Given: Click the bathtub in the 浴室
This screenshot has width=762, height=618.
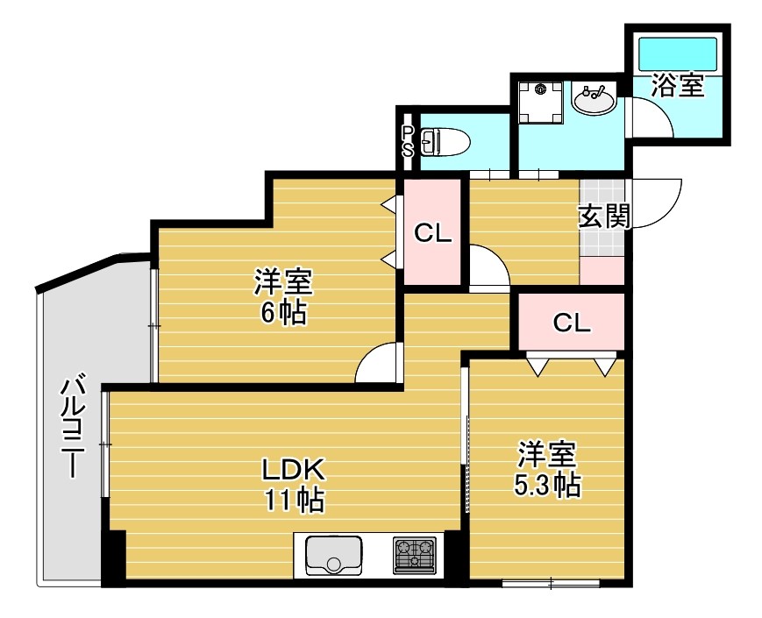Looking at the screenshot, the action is (679, 54).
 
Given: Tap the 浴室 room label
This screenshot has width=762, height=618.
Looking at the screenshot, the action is (678, 85).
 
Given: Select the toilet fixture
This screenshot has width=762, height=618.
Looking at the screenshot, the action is (445, 142).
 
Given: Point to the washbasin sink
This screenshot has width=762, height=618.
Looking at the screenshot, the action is (594, 100).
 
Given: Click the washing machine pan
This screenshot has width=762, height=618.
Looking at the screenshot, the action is (540, 103).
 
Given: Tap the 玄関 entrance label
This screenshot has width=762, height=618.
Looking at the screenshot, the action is (604, 217).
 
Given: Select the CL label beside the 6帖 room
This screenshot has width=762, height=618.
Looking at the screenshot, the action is (432, 234).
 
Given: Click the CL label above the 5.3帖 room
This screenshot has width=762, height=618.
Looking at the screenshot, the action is (572, 322).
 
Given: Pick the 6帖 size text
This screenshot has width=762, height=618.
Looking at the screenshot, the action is (284, 313).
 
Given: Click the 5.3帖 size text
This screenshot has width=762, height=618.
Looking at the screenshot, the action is (547, 485).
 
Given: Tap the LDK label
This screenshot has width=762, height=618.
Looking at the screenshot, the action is (293, 469).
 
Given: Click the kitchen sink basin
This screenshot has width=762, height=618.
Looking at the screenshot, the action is (333, 556).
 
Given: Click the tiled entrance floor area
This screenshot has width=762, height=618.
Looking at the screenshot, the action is (602, 217).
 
